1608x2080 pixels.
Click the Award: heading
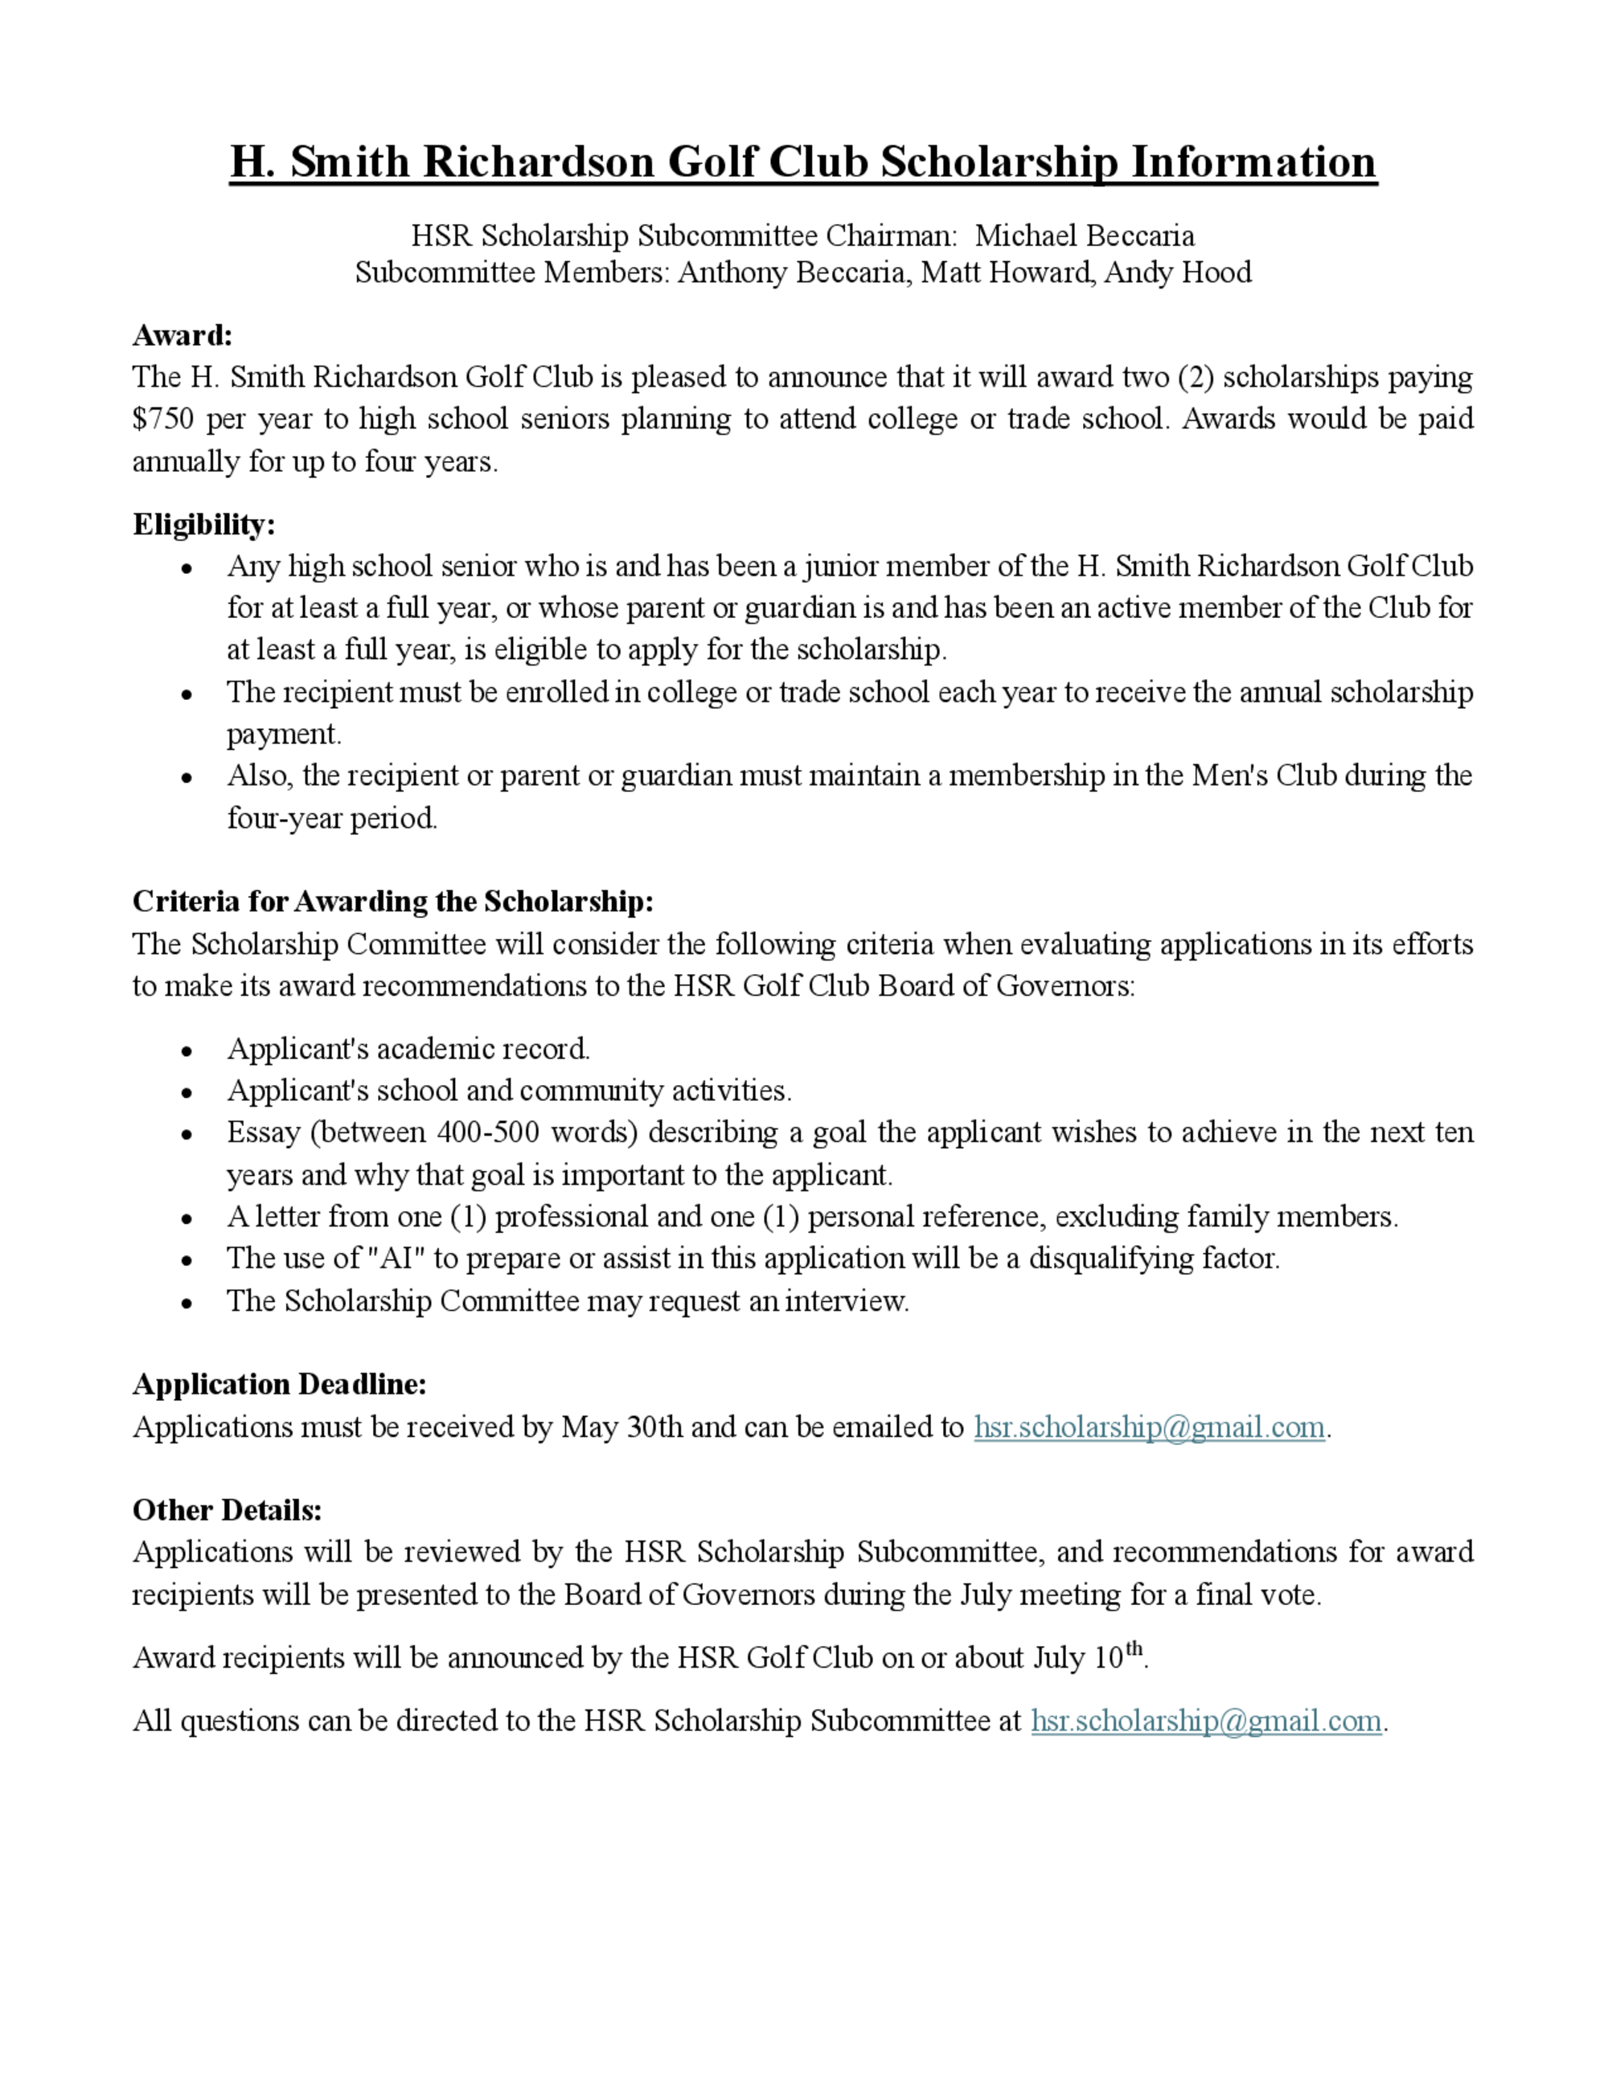click(182, 335)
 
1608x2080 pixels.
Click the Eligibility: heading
click(204, 525)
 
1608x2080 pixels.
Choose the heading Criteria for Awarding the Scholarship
click(392, 901)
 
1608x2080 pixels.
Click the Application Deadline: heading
click(279, 1384)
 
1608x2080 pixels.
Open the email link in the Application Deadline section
click(1149, 1427)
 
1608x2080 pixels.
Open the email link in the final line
click(1206, 1721)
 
